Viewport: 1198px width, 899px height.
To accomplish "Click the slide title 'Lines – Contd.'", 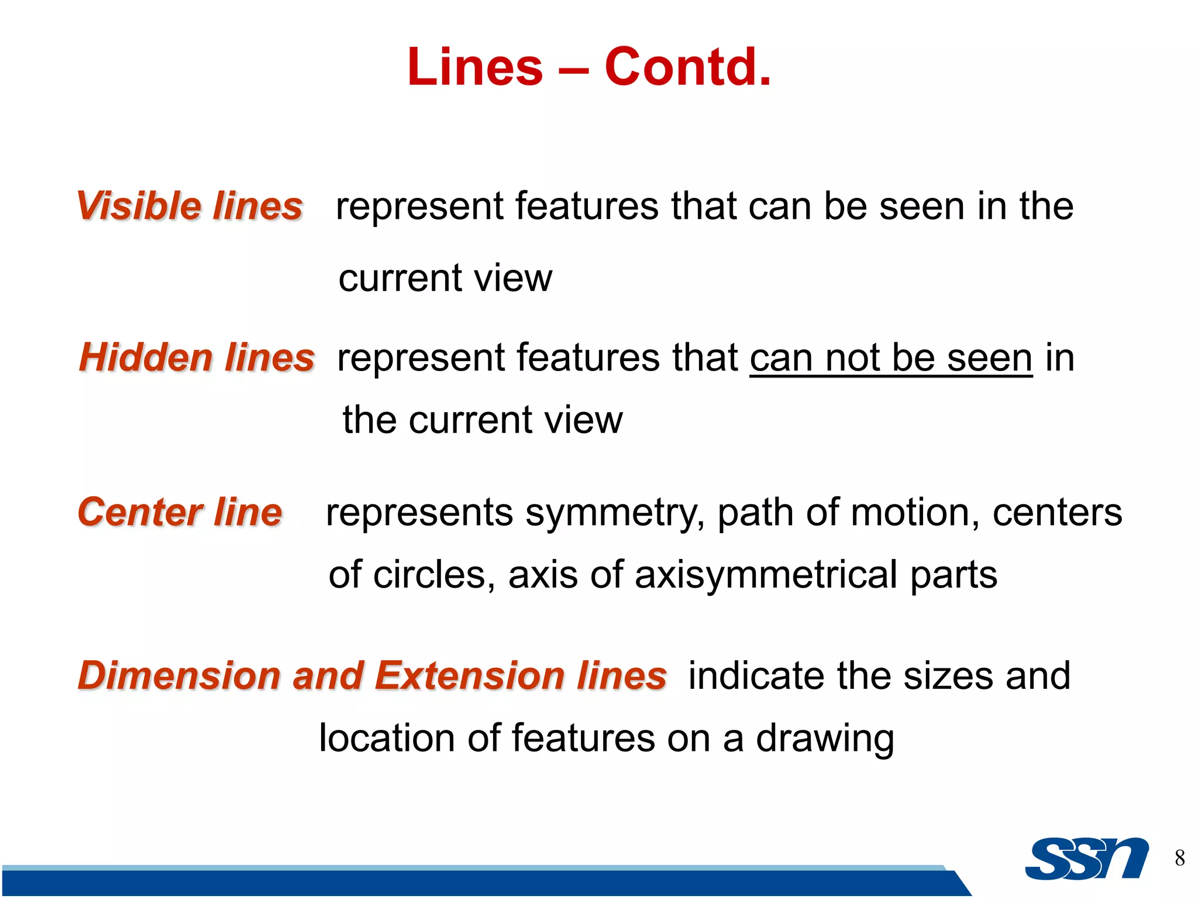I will tap(589, 67).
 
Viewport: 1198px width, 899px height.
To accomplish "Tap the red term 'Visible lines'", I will tap(190, 206).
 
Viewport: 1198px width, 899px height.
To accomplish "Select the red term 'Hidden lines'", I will tap(197, 358).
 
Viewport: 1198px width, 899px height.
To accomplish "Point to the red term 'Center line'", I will tap(180, 512).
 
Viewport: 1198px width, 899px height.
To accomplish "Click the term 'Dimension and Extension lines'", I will tap(372, 675).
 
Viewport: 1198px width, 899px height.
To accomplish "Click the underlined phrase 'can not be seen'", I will tap(891, 358).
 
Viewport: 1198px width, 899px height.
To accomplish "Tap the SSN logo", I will tap(1086, 859).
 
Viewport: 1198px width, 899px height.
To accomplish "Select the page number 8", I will tap(1180, 858).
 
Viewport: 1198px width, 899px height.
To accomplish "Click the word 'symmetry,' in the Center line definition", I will tap(615, 513).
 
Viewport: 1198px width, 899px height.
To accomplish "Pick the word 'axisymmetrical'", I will tap(766, 575).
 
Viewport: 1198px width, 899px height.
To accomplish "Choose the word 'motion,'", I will tap(915, 513).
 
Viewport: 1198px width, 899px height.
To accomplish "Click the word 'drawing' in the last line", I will tap(825, 739).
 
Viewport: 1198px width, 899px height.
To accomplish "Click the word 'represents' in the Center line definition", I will tap(419, 513).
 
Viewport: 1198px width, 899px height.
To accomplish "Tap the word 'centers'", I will tap(1057, 513).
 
